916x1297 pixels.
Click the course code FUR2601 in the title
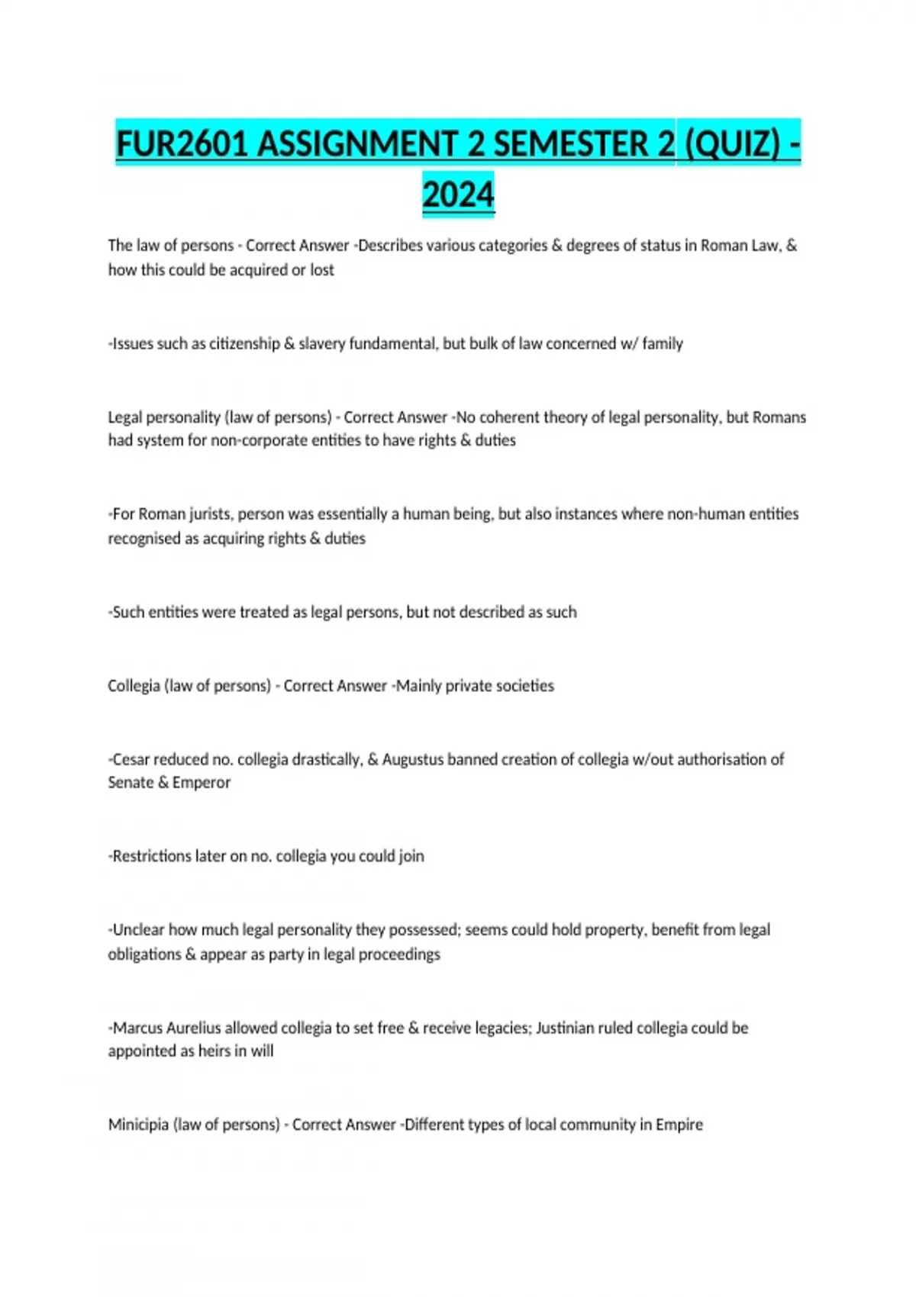pos(182,143)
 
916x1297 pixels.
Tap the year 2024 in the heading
pos(458,194)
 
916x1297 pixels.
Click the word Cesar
pos(131,760)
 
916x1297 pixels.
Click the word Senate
pos(130,783)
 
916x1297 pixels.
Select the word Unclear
pos(138,930)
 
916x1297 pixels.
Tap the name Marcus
pos(137,1028)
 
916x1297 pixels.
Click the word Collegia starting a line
pos(134,686)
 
